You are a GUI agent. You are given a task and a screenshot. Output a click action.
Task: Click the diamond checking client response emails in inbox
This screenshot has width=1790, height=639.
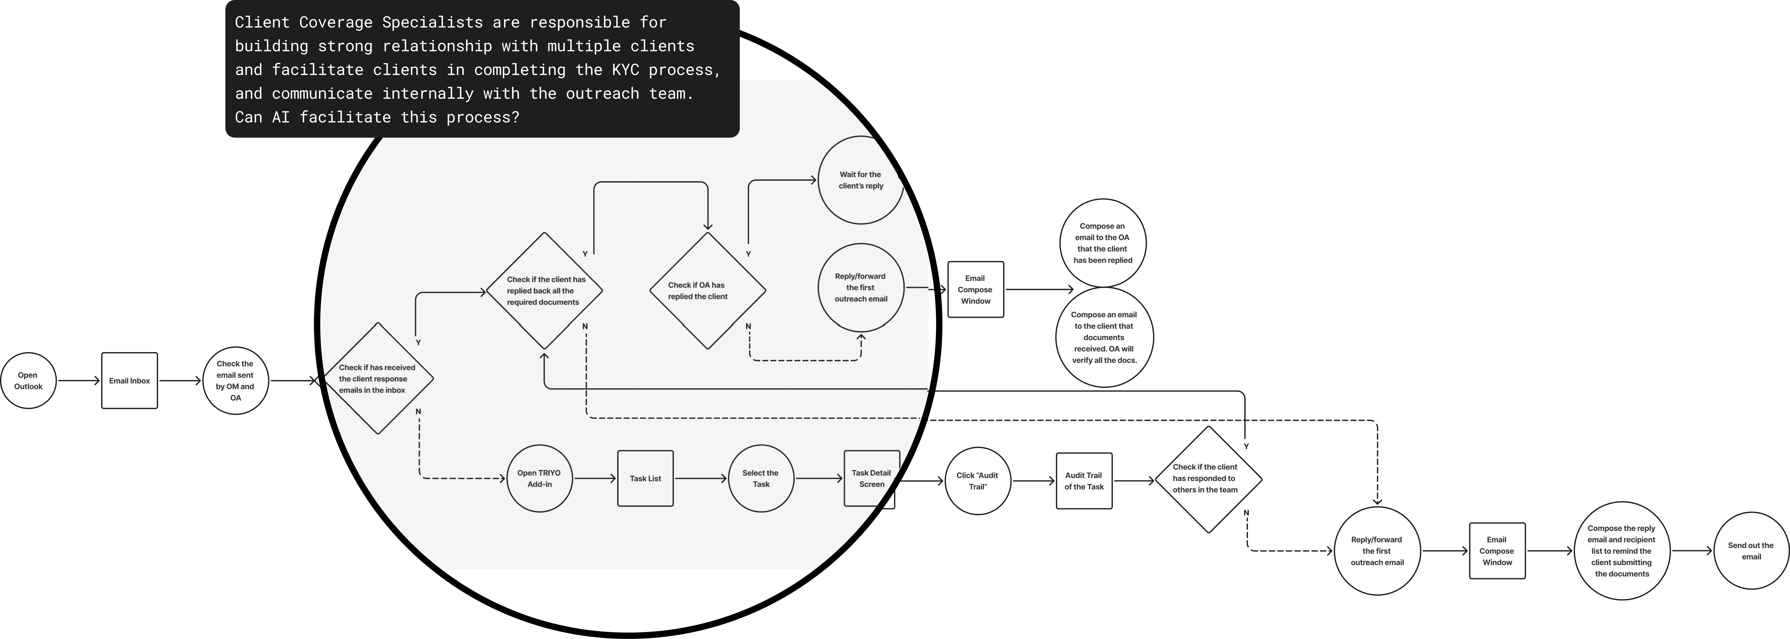[377, 379]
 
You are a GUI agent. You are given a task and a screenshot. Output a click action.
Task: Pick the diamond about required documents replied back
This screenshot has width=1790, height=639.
[544, 291]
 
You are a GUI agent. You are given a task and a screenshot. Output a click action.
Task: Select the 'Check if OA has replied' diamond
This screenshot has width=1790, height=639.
[707, 291]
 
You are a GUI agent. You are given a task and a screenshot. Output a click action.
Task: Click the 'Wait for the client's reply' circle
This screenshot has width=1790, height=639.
[860, 180]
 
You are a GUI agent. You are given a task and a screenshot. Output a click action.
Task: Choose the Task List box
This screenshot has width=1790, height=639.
[645, 478]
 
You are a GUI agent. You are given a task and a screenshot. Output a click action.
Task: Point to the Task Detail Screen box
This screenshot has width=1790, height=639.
[871, 478]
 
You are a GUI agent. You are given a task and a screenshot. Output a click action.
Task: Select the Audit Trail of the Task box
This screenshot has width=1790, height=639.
[1084, 481]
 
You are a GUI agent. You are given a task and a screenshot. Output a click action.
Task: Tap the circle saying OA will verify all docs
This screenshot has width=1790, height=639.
[1104, 337]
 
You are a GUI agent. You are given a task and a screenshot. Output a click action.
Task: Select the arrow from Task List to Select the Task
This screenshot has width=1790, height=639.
[700, 478]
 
